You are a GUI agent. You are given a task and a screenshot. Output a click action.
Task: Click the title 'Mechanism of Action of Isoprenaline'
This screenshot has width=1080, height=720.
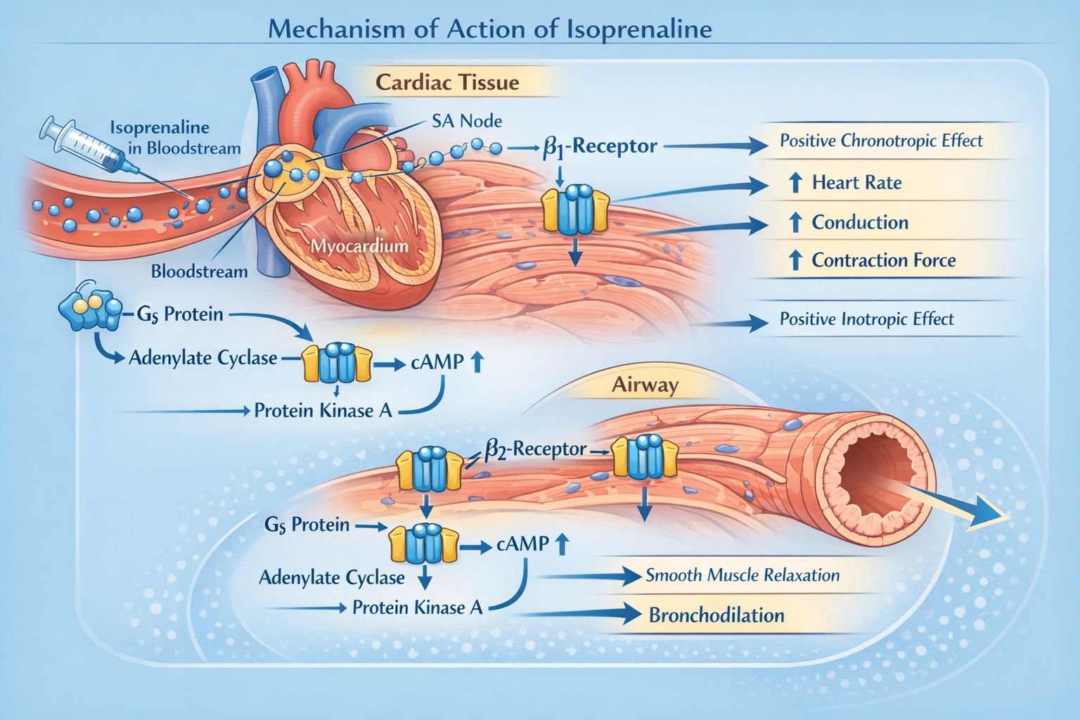click(490, 30)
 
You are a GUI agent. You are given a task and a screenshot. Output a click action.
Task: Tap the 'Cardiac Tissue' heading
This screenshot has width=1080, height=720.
click(447, 82)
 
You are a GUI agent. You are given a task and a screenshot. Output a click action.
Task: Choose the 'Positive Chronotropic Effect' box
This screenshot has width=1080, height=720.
click(880, 141)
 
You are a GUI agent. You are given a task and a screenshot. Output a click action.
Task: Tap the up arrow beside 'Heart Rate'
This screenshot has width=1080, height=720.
click(795, 184)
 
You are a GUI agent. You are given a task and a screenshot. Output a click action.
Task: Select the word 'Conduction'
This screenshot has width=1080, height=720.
click(860, 223)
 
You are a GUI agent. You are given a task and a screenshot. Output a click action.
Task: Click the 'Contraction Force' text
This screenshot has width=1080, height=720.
click(883, 261)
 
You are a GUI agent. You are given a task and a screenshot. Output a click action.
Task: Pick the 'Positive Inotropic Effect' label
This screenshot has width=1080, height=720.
click(866, 319)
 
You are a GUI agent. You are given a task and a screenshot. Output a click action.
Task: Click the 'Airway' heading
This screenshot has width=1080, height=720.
click(635, 385)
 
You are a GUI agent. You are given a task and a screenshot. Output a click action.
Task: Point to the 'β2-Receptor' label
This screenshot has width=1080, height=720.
click(535, 449)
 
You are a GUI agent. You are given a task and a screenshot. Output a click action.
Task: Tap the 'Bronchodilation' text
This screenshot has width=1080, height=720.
click(716, 616)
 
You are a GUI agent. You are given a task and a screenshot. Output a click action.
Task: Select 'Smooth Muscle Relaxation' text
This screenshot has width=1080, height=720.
click(742, 576)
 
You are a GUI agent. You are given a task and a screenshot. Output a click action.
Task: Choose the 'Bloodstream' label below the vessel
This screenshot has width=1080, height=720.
click(199, 271)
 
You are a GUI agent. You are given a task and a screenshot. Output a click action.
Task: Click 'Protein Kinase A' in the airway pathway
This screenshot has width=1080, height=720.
click(417, 607)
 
